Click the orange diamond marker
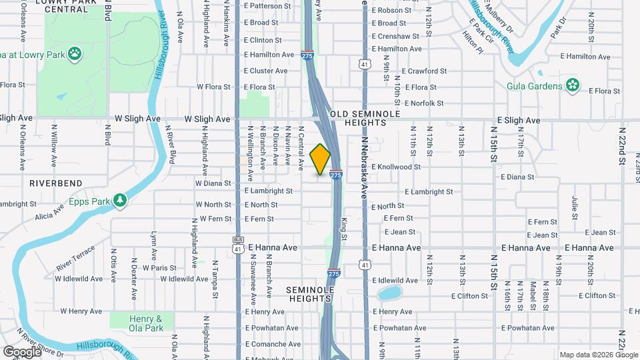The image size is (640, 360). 321,159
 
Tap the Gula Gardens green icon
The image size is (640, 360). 572,85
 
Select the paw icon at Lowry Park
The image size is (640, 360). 75,52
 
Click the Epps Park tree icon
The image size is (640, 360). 120,199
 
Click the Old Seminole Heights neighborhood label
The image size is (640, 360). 365,118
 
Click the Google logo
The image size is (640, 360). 22,351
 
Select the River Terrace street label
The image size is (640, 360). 76,258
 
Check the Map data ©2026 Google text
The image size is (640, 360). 598,355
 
